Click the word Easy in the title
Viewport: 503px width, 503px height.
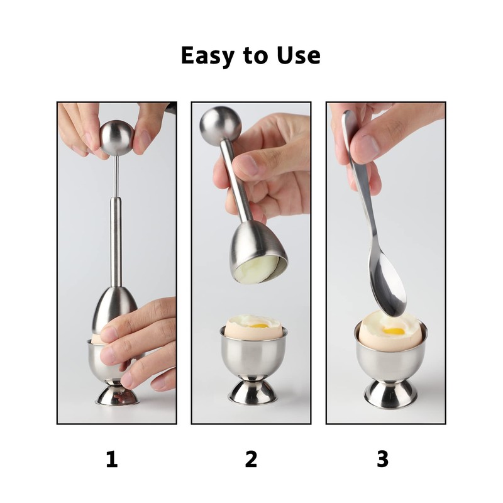(x=207, y=56)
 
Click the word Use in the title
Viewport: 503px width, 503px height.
(x=297, y=55)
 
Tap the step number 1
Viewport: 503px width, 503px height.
(x=111, y=460)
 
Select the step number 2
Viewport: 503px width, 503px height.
(x=251, y=460)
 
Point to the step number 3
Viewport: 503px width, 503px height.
(x=382, y=460)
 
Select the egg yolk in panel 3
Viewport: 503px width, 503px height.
(x=394, y=330)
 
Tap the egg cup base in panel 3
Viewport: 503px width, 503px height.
(x=390, y=393)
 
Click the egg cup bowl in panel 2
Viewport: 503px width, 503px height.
(x=253, y=355)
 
